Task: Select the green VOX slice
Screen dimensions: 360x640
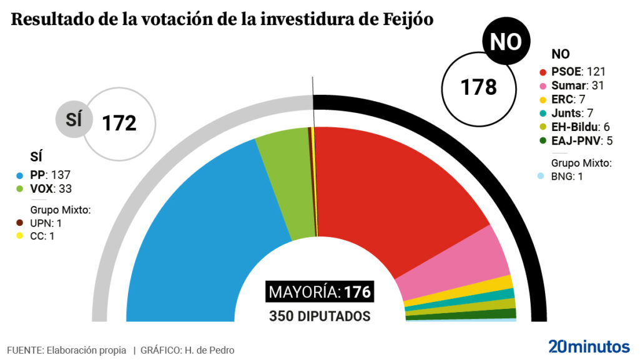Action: click(x=284, y=181)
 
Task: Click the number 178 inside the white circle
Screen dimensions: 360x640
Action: click(x=478, y=87)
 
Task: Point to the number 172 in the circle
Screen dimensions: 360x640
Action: click(x=119, y=123)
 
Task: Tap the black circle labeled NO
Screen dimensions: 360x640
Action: click(x=505, y=42)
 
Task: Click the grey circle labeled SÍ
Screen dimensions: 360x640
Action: click(x=74, y=119)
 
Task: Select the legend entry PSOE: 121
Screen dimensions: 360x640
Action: click(x=578, y=72)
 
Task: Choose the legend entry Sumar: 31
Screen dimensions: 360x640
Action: click(x=578, y=85)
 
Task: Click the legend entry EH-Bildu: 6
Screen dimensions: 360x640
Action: click(x=580, y=127)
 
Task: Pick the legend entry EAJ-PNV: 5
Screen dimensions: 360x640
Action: click(x=581, y=140)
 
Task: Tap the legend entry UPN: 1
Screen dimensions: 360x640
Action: click(x=46, y=223)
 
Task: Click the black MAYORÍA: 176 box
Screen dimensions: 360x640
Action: click(x=320, y=291)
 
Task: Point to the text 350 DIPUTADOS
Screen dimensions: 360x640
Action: click(x=320, y=316)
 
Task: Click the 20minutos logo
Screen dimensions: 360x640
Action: click(x=589, y=346)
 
